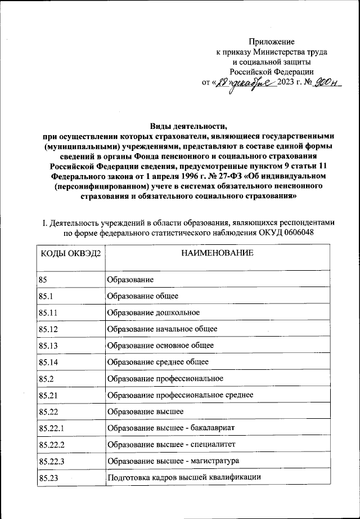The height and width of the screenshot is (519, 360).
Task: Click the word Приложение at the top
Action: [x=272, y=42]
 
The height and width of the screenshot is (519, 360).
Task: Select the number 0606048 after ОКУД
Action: [x=295, y=232]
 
